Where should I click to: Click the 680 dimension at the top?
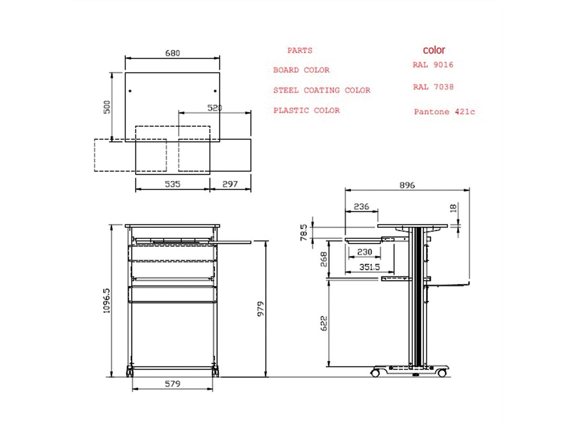pyautogui.click(x=172, y=53)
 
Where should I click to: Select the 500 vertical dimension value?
pyautogui.click(x=108, y=106)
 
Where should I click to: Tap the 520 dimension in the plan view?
pyautogui.click(x=215, y=108)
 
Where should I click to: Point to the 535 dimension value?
pyautogui.click(x=172, y=184)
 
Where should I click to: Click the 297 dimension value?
pyautogui.click(x=231, y=184)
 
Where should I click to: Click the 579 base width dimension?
pyautogui.click(x=172, y=384)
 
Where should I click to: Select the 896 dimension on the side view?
pyautogui.click(x=407, y=185)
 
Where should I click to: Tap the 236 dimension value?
pyautogui.click(x=361, y=206)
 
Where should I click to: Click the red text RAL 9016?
pyautogui.click(x=433, y=65)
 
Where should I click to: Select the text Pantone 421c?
pyautogui.click(x=444, y=112)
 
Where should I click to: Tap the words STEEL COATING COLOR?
pyautogui.click(x=321, y=90)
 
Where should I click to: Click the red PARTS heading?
pyautogui.click(x=300, y=50)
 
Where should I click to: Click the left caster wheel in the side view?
pyautogui.click(x=376, y=372)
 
